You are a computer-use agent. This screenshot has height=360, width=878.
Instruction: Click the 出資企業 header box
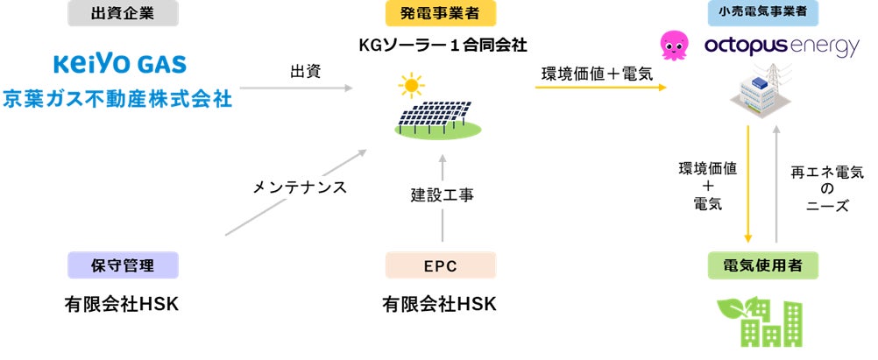click(x=123, y=13)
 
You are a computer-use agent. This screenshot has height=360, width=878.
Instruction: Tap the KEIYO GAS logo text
click(x=119, y=64)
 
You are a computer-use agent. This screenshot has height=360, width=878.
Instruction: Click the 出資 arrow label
click(x=305, y=72)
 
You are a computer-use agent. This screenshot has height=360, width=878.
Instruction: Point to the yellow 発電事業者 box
click(x=441, y=13)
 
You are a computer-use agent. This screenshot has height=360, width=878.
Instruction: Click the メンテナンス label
click(x=300, y=187)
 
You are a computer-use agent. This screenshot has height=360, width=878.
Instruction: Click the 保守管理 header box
click(x=123, y=265)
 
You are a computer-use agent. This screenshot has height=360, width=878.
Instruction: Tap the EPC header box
click(x=441, y=265)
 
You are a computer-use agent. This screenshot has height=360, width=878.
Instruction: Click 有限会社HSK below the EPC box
click(x=440, y=304)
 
